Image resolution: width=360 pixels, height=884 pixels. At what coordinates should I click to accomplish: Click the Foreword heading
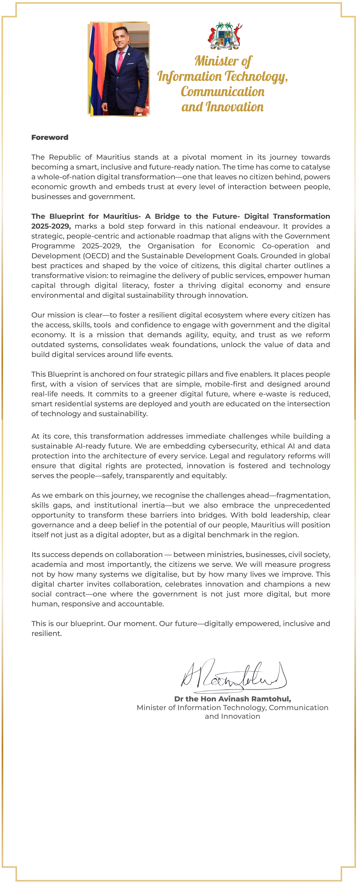(x=50, y=137)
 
